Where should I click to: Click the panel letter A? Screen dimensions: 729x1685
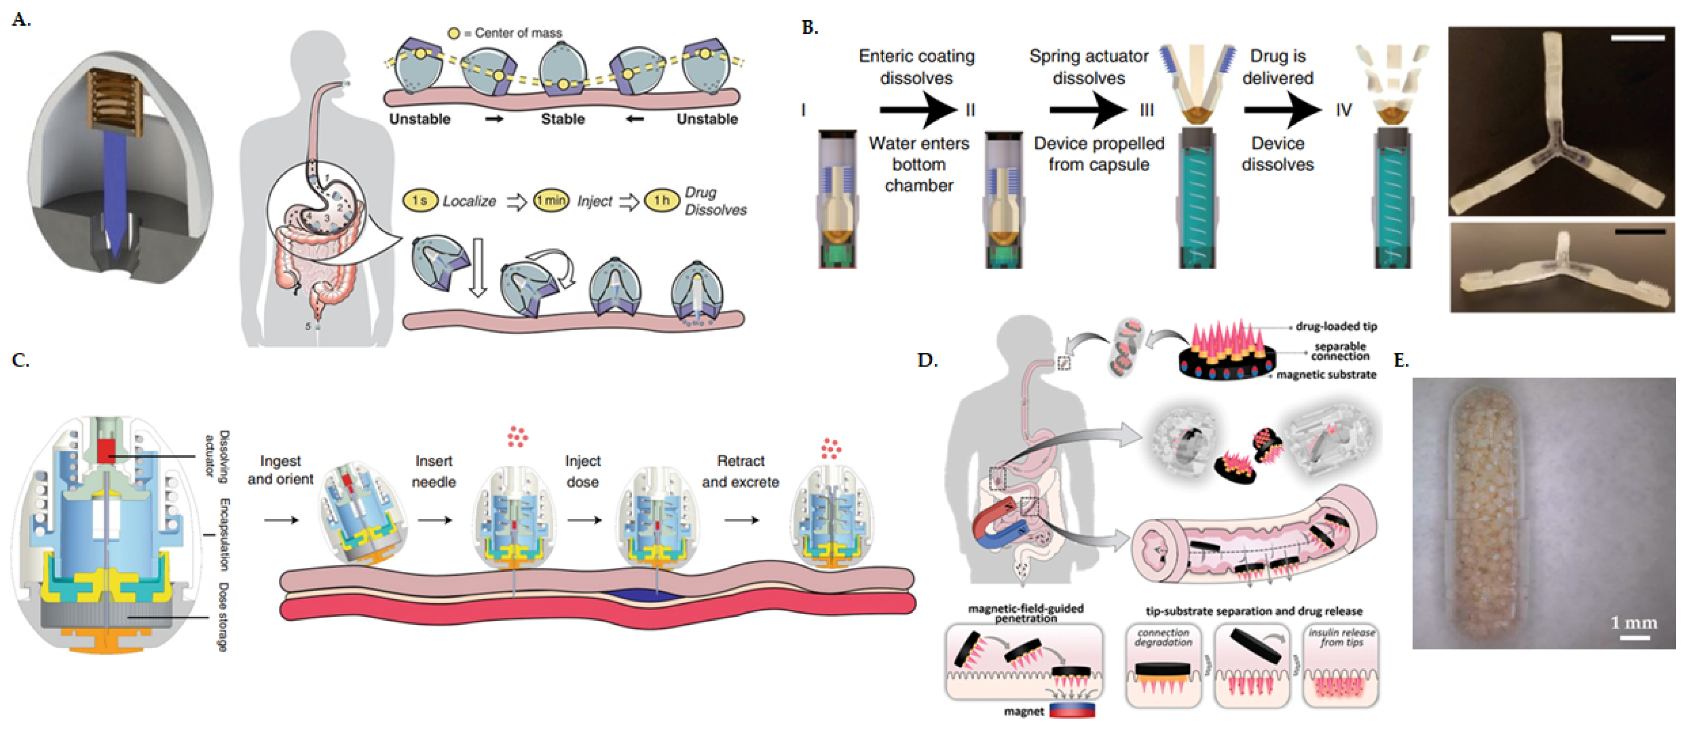(x=21, y=20)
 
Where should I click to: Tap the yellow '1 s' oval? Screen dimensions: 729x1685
(x=420, y=201)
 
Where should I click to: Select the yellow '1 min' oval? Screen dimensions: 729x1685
(x=551, y=201)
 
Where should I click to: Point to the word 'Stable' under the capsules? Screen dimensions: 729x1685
(x=563, y=119)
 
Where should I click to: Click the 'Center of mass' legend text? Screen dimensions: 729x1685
(x=517, y=33)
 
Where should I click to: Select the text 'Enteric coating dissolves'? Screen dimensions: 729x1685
(x=916, y=67)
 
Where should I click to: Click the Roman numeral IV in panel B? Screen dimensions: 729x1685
(x=1343, y=110)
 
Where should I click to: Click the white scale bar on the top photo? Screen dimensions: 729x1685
(x=1637, y=38)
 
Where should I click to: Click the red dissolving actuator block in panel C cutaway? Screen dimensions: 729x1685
(x=106, y=451)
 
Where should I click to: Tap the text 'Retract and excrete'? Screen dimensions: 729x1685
(x=740, y=471)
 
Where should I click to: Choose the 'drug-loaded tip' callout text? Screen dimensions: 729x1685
(x=1336, y=326)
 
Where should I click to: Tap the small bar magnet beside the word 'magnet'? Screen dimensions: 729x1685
(x=1072, y=711)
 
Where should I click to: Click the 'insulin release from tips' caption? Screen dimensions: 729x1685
(x=1341, y=637)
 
